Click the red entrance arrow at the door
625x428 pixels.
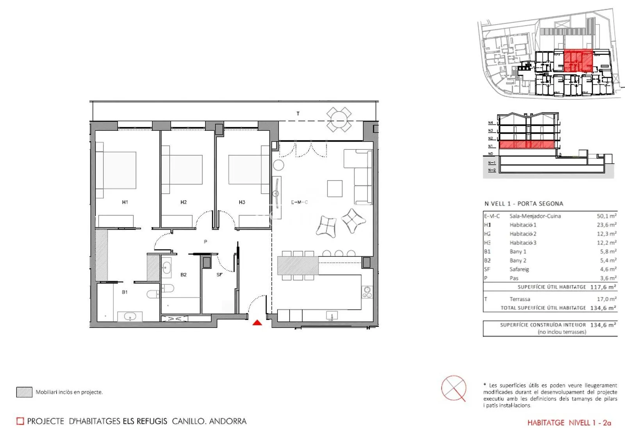click(x=257, y=323)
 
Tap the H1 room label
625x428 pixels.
click(x=125, y=202)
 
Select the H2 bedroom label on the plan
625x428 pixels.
click(x=183, y=202)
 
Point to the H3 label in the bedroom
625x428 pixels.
click(x=242, y=202)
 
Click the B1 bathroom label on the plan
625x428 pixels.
click(x=125, y=292)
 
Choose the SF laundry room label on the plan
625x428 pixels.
click(x=220, y=275)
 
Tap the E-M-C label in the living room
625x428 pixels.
click(x=299, y=202)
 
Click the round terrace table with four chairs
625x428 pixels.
click(x=339, y=120)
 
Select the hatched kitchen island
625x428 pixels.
click(x=298, y=265)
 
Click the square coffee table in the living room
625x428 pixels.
click(x=335, y=189)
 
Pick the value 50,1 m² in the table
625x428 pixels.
click(x=607, y=216)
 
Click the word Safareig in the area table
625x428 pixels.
click(x=519, y=269)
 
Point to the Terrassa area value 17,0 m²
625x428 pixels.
click(x=607, y=299)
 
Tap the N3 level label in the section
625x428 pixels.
click(x=491, y=130)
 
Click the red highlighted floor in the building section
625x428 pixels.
click(x=527, y=144)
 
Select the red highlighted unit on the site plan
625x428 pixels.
click(x=578, y=61)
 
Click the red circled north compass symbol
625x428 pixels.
click(x=454, y=388)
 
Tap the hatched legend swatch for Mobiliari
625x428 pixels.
click(x=24, y=392)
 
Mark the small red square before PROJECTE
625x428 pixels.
click(x=20, y=421)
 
